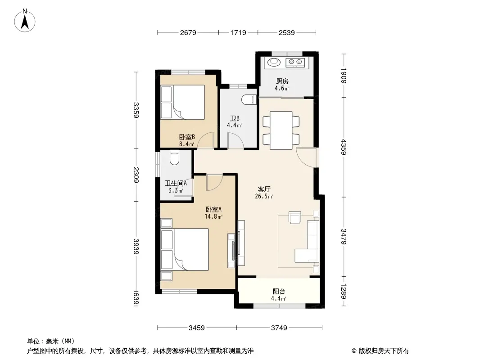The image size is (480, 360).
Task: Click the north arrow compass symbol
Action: point(25,20)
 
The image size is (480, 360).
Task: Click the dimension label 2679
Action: point(188,33)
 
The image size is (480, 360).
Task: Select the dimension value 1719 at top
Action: point(238,33)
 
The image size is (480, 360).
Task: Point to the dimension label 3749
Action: point(279,328)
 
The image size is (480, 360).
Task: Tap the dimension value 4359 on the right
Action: point(344,147)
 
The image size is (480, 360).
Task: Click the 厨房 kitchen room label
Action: point(282,81)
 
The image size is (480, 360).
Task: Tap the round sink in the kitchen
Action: point(274,62)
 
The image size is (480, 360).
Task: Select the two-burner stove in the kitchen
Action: point(295,63)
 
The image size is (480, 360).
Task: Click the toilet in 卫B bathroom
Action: point(249,100)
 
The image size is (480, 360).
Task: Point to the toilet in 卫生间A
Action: point(174,157)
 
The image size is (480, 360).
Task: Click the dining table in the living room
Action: point(281,130)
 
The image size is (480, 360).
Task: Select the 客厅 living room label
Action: point(264,189)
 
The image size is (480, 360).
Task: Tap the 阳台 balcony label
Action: point(279,292)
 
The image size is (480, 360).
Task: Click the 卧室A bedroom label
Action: point(213,210)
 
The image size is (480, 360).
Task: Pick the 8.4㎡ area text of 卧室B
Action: point(186,144)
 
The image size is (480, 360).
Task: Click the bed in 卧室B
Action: point(183,102)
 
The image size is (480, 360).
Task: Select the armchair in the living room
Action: point(295,217)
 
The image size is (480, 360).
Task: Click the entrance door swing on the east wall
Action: point(307,157)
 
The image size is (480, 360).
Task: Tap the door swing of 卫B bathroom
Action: point(235,141)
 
